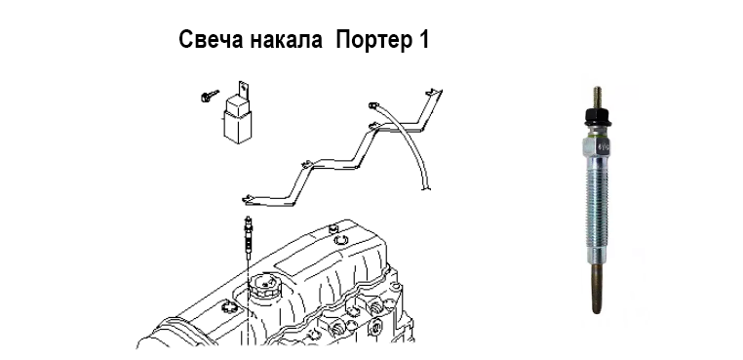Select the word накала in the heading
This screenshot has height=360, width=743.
[286, 40]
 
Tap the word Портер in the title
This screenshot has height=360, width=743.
[373, 41]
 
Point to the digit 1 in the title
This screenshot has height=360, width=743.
[423, 40]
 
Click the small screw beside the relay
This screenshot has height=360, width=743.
[209, 96]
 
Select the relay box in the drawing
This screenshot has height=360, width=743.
[238, 119]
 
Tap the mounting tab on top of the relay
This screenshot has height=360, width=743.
[244, 88]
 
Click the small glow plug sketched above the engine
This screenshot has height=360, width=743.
[248, 237]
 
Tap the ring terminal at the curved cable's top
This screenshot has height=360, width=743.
[372, 104]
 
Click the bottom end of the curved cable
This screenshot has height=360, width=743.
[426, 187]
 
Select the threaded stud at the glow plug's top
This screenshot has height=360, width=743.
[597, 98]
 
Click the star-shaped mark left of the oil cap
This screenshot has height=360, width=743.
[228, 308]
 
